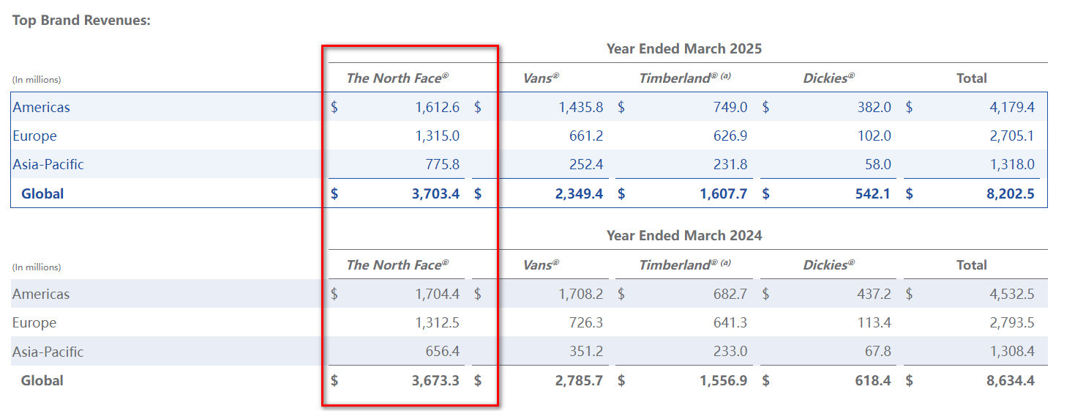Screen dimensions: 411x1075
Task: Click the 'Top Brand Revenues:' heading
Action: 81,20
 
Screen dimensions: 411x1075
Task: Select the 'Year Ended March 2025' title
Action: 683,49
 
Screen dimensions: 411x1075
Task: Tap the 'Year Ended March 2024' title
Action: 683,236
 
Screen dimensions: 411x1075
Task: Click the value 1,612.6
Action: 436,107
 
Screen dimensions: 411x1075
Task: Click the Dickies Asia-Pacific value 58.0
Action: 877,165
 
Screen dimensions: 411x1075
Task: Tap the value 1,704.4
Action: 436,295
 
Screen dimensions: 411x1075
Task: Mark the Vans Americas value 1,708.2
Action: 580,295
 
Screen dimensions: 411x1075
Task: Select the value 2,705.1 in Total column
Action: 1012,136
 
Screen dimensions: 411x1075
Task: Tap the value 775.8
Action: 442,165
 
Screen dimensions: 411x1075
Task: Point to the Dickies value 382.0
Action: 874,107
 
